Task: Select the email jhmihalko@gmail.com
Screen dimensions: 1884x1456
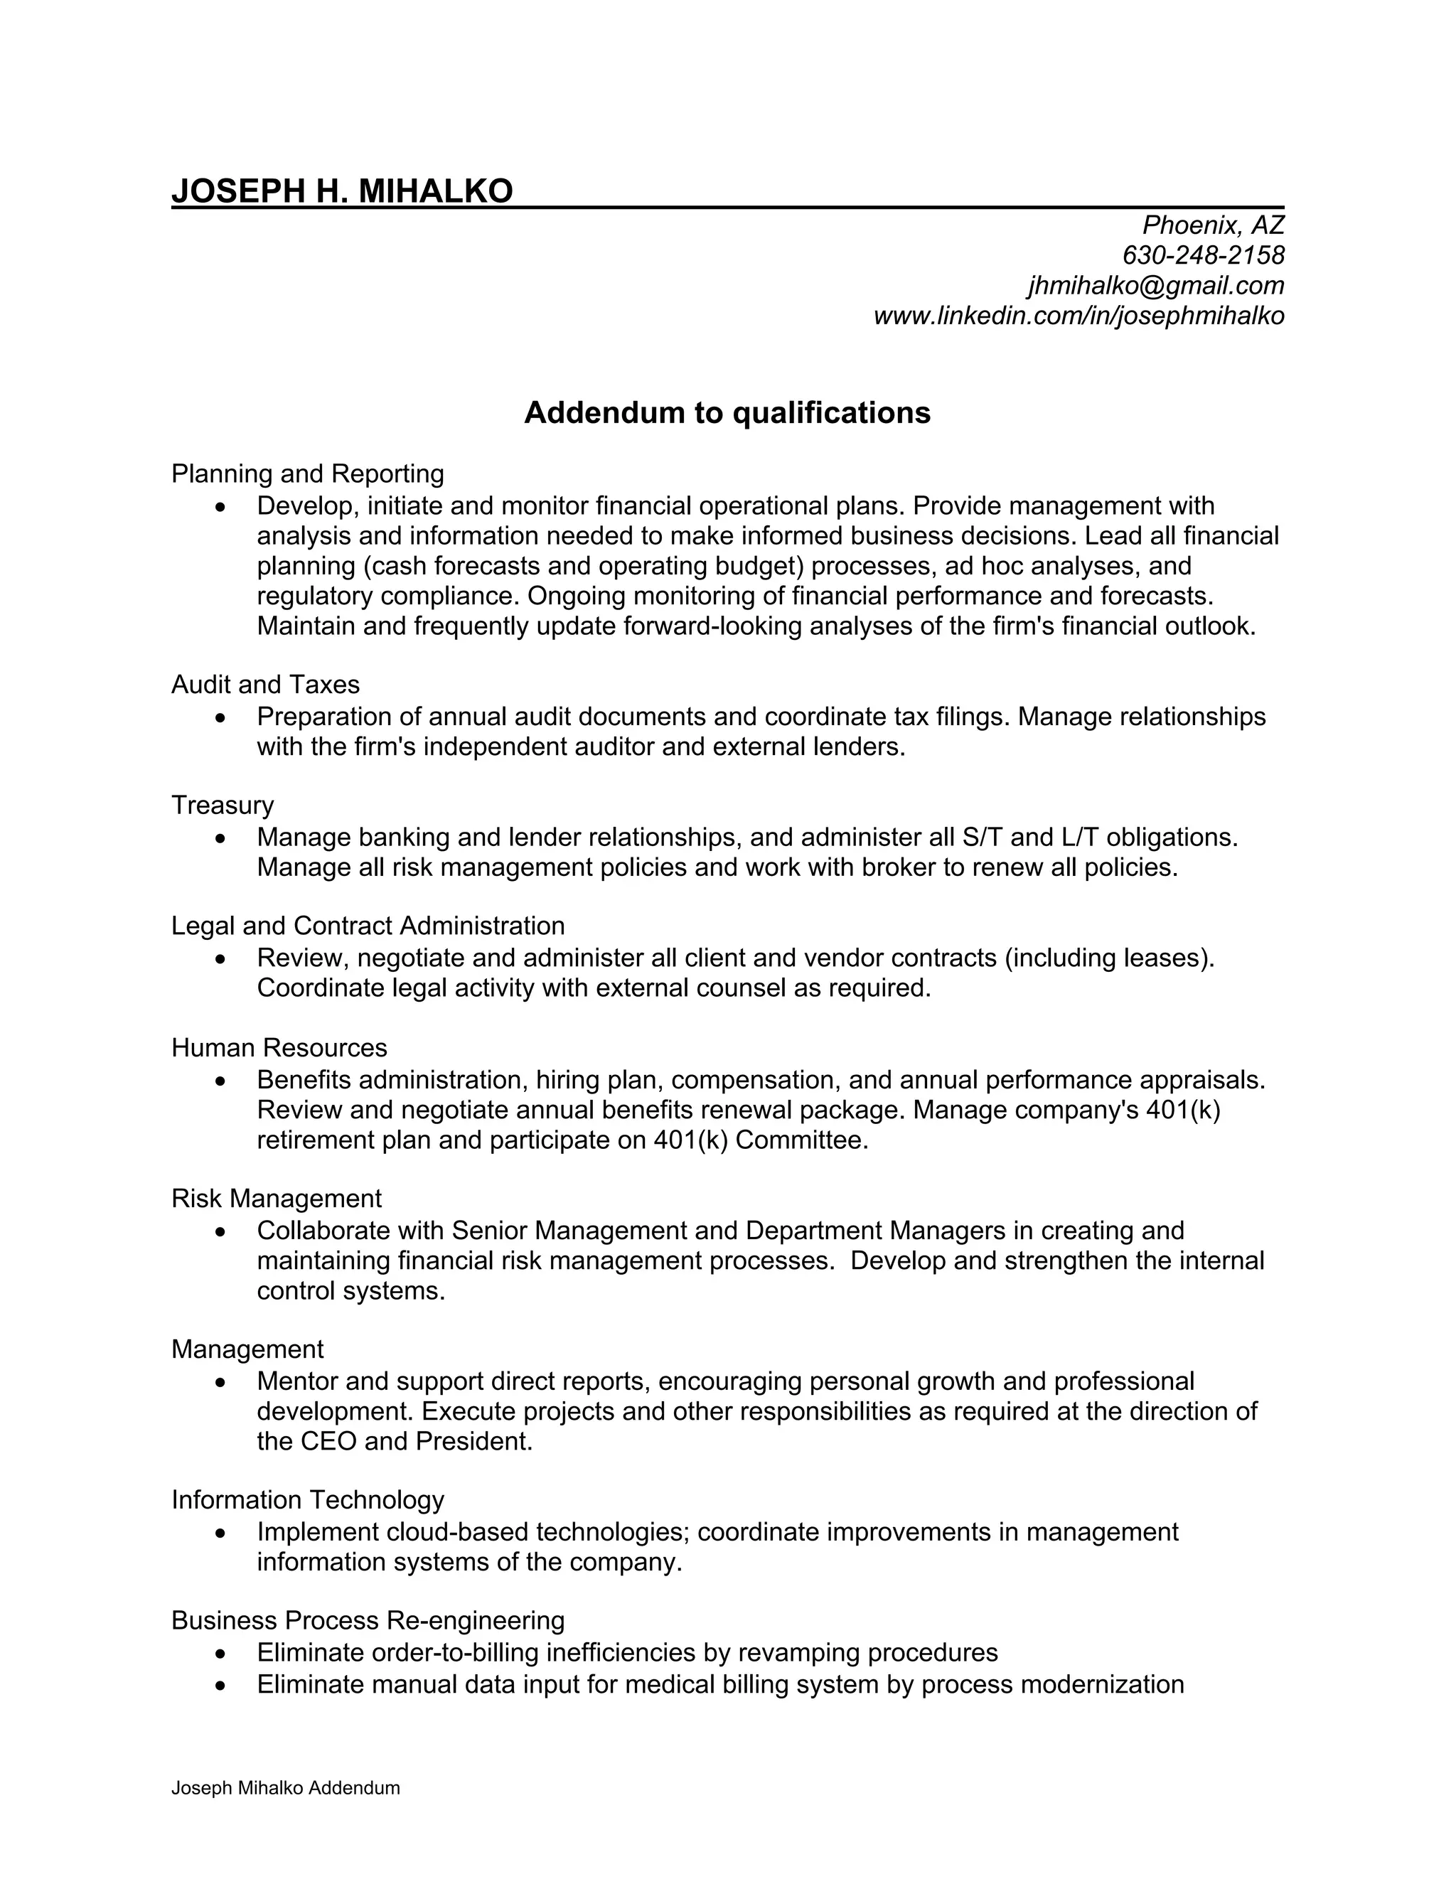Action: tap(1155, 286)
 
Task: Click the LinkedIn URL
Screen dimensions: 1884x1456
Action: tap(1078, 316)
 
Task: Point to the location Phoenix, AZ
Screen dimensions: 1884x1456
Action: tap(1213, 225)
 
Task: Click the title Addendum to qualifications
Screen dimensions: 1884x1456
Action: tap(727, 413)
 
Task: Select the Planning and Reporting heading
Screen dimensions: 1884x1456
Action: tap(307, 473)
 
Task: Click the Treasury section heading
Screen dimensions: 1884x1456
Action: tap(222, 805)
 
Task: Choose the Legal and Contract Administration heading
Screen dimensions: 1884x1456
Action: tap(368, 926)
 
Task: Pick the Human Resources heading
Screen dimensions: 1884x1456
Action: tap(279, 1047)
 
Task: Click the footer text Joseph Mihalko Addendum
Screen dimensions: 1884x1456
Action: tap(286, 1788)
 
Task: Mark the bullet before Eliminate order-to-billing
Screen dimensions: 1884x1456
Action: tap(222, 1654)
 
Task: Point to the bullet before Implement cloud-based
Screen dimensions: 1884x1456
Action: tap(222, 1533)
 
